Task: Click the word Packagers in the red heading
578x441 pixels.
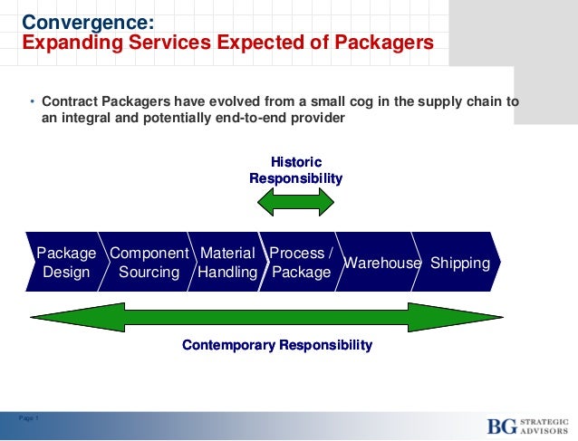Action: (x=383, y=43)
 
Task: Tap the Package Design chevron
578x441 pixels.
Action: (x=66, y=263)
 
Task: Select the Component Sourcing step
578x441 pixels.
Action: (x=149, y=263)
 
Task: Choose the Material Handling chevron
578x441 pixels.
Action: (x=227, y=263)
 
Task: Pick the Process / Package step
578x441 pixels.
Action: (x=302, y=263)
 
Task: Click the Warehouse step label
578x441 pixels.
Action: (x=382, y=263)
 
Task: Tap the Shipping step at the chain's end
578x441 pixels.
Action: (x=460, y=263)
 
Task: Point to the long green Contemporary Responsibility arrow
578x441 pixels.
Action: (x=277, y=317)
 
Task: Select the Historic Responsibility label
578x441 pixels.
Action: (x=295, y=170)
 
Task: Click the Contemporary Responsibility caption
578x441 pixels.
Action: (x=277, y=346)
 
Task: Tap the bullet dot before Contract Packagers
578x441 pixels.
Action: (x=33, y=102)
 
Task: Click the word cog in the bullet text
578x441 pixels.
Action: (x=345, y=101)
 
